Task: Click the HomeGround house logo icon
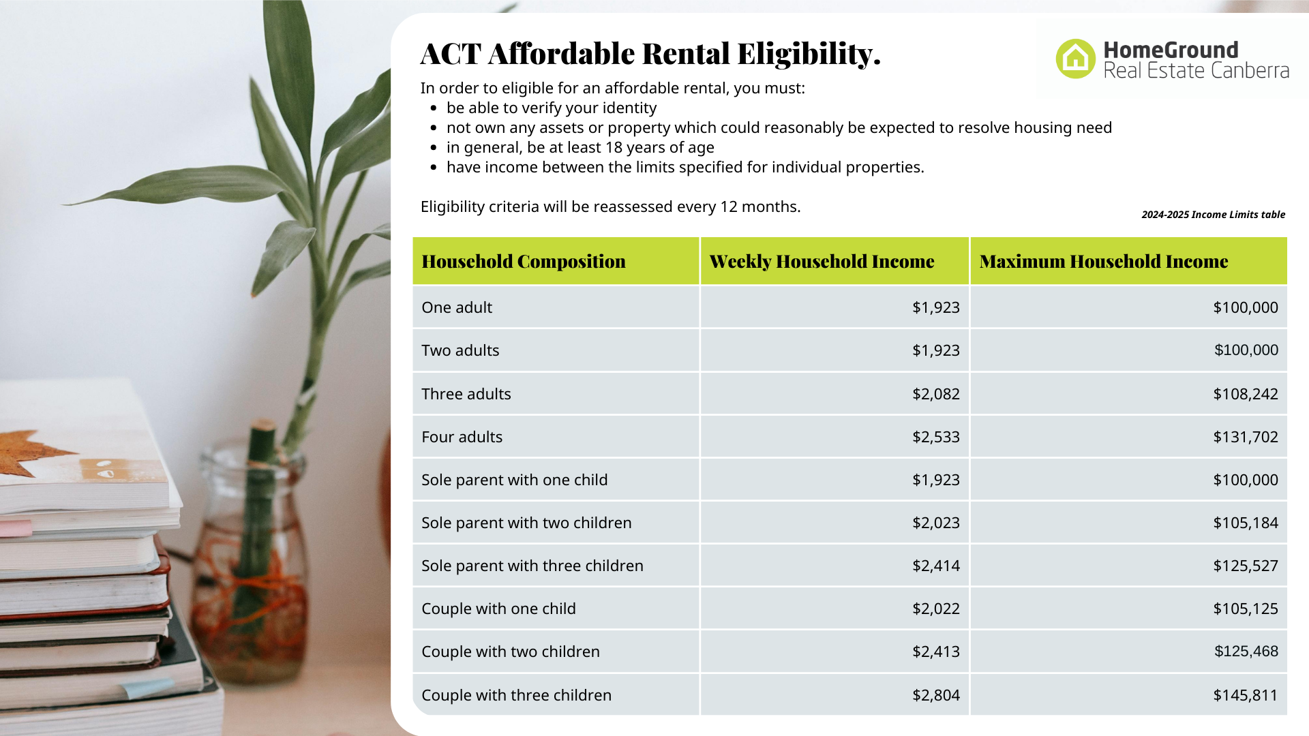click(x=1075, y=59)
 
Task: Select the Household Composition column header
click(x=524, y=262)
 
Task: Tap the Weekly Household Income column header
click(x=822, y=262)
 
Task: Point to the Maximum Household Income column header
click(x=1104, y=262)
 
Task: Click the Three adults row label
click(x=466, y=394)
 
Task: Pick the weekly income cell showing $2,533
click(x=936, y=437)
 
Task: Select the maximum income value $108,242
click(x=1246, y=394)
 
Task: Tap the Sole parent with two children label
click(x=526, y=523)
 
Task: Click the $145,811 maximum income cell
click(x=1246, y=695)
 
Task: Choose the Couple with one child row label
click(x=498, y=609)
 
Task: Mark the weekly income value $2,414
click(x=936, y=566)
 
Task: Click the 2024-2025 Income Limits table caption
click(x=1214, y=215)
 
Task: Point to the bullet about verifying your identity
click(x=552, y=108)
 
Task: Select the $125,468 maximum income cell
click(x=1246, y=651)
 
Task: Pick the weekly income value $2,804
click(x=936, y=695)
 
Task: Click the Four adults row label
click(x=462, y=437)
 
